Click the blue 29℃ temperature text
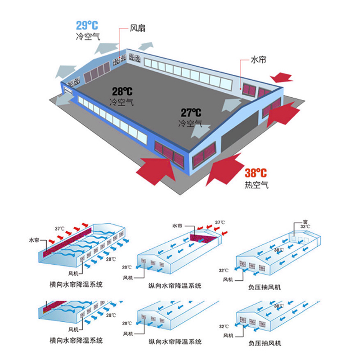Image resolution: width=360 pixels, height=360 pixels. pos(87,26)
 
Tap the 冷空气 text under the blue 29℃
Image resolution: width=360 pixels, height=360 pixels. pos(87,36)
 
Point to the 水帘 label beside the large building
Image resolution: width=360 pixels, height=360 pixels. pos(258,59)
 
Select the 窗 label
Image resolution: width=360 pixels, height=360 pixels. pos(306,221)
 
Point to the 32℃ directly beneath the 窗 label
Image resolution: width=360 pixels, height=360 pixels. pos(305,226)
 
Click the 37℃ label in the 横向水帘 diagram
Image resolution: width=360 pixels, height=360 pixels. pos(60,228)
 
